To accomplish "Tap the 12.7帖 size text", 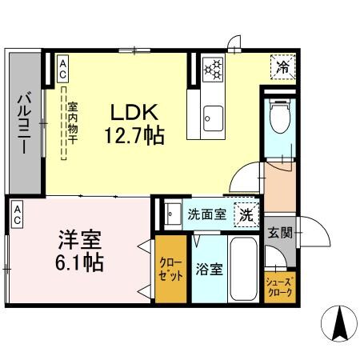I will coord(133,136).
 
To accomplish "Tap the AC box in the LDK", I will coord(62,69).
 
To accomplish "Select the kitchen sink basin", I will coord(212,118).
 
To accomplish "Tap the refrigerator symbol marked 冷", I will coord(282,67).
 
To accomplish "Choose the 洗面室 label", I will coord(206,214).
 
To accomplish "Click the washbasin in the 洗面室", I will coord(172,214).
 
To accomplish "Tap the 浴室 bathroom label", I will coord(209,269).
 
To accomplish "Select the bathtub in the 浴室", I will coord(244,268).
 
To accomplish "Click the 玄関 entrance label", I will coord(279,233).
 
